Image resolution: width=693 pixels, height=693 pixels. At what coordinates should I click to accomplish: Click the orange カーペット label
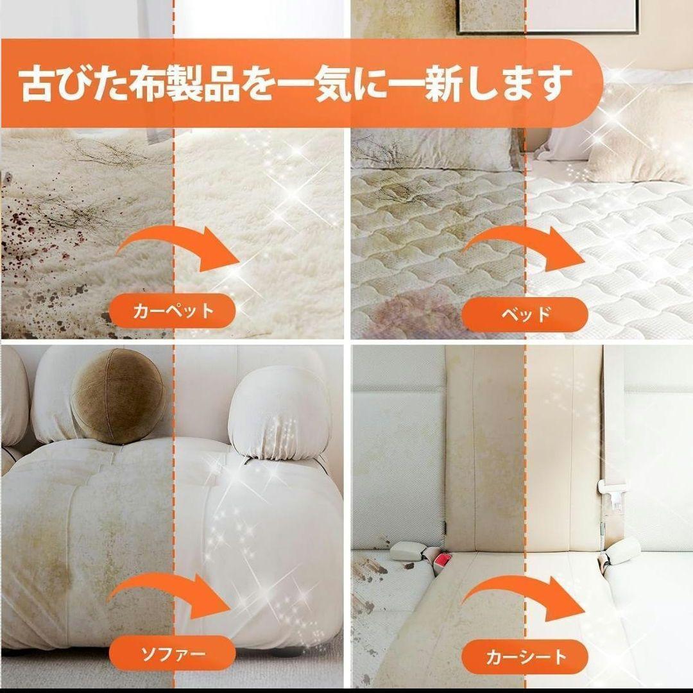[x=173, y=312]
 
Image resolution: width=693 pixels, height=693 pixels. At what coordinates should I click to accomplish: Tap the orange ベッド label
[x=525, y=314]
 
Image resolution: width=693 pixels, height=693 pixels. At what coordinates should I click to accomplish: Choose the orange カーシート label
[x=526, y=656]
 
